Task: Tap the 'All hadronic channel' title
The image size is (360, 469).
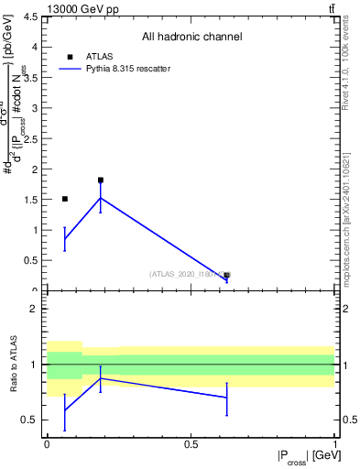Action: click(x=191, y=38)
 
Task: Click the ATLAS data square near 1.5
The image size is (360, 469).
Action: click(x=65, y=199)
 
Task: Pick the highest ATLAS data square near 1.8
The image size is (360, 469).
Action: click(x=101, y=180)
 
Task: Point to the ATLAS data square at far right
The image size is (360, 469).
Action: click(x=226, y=275)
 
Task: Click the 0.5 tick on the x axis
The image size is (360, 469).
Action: click(x=191, y=444)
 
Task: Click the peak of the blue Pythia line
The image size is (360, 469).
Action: click(x=101, y=198)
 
